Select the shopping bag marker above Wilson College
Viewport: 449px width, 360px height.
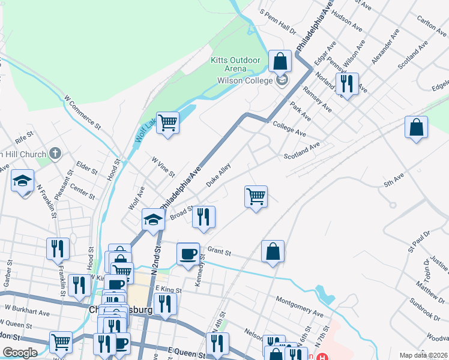tap(280, 61)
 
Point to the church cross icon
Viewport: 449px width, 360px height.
tap(56, 154)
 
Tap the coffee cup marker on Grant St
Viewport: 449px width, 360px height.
tap(188, 253)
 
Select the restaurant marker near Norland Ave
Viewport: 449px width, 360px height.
tap(348, 84)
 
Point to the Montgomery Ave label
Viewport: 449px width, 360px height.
tap(299, 306)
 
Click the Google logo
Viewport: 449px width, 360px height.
tap(20, 353)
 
